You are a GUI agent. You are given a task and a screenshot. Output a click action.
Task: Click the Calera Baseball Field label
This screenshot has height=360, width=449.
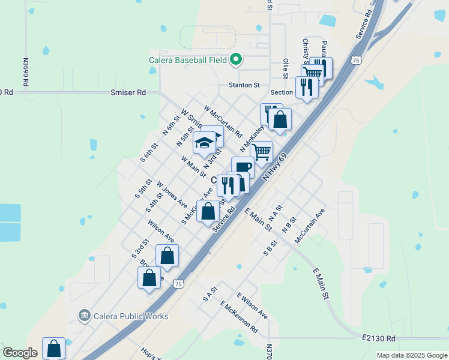pos(187,60)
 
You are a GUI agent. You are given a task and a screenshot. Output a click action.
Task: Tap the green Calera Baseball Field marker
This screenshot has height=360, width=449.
pos(236,59)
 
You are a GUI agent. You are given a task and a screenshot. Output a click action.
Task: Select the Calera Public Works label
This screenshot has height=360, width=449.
pos(130,316)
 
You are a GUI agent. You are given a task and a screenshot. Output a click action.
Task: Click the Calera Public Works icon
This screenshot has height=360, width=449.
pos(85,315)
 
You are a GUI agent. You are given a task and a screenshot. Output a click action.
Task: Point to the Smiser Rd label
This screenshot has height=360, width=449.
pos(128,93)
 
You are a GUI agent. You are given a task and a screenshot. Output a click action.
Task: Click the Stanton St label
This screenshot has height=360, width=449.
pos(243,85)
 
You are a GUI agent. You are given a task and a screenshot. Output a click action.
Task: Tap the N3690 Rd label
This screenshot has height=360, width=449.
pos(26,72)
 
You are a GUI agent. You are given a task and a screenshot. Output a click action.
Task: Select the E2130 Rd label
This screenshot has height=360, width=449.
pos(379,338)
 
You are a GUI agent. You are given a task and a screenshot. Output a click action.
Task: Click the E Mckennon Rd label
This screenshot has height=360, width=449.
pos(238,317)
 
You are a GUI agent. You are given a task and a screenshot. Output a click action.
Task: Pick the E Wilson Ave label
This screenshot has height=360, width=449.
pos(252,305)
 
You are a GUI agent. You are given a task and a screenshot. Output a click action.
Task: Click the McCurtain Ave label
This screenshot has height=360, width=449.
pos(310,226)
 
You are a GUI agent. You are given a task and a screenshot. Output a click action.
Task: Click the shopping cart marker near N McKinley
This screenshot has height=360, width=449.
pos(261,151)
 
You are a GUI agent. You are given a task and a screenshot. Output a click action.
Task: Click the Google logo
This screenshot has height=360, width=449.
pos(20,353)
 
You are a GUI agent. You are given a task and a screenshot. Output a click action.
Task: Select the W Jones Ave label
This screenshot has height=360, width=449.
pos(172,194)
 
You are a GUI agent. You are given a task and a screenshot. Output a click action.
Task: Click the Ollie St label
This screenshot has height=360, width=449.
pos(286,68)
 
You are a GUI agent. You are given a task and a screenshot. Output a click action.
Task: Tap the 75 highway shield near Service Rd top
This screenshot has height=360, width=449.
pos(357,61)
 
